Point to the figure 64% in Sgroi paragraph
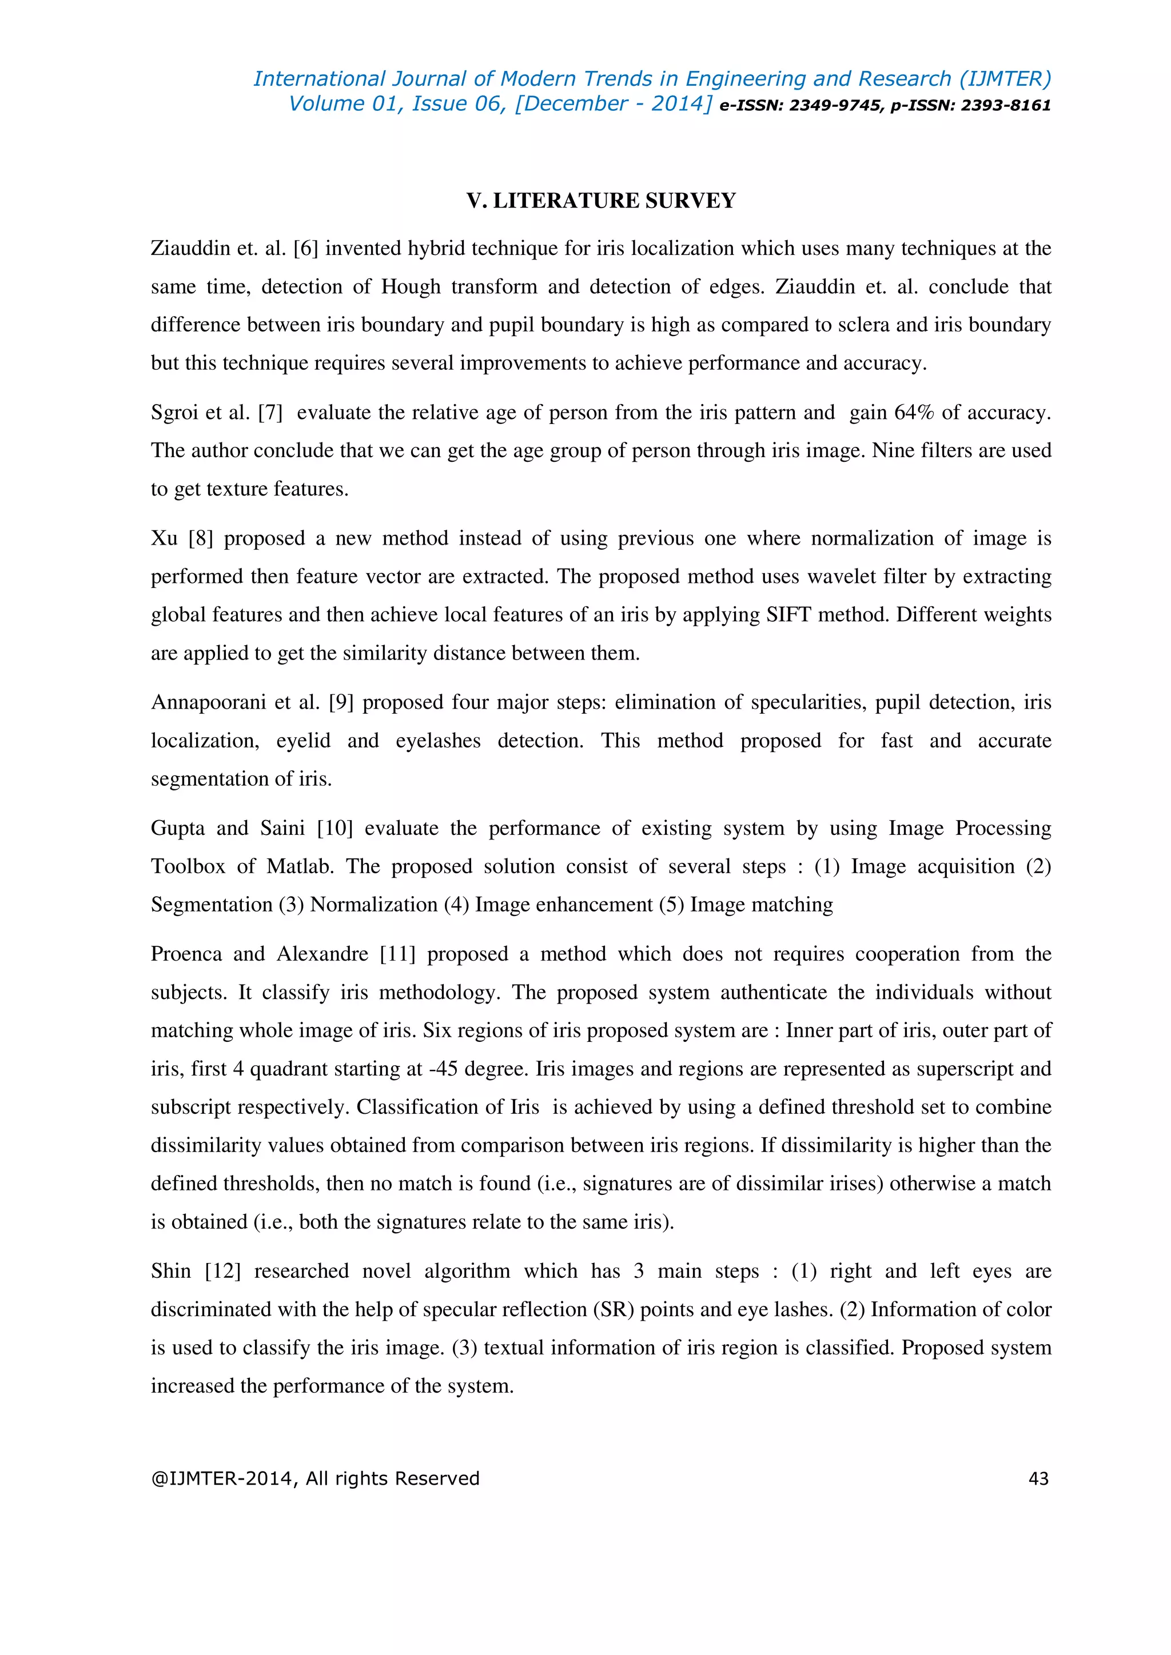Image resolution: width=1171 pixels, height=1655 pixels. tap(914, 412)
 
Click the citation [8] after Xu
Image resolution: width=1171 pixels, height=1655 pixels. tap(201, 538)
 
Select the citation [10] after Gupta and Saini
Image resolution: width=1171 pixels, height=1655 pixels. tap(334, 828)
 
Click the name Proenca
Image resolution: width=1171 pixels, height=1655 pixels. tap(186, 954)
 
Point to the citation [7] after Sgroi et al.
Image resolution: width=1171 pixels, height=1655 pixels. tap(270, 412)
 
